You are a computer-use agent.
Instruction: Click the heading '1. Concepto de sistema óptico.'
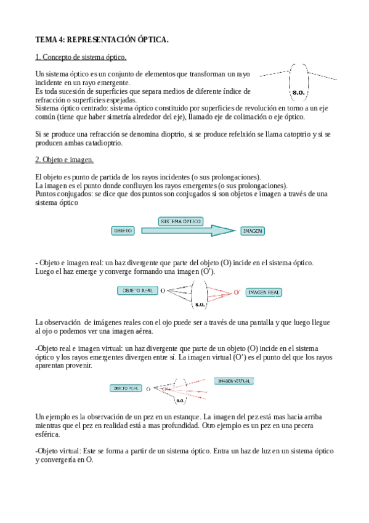[x=81, y=57]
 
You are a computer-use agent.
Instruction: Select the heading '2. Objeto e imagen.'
[x=64, y=160]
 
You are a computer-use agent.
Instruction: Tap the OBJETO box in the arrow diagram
[x=123, y=231]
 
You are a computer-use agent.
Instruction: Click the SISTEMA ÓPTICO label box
[x=181, y=220]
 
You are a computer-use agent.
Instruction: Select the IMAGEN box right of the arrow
[x=253, y=231]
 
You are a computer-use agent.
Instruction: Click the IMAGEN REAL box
[x=265, y=292]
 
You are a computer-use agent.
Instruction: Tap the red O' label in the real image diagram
[x=237, y=292]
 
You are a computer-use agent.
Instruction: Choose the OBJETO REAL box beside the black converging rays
[x=137, y=290]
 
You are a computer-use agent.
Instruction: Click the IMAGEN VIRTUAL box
[x=234, y=381]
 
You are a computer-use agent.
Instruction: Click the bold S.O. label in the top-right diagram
[x=299, y=93]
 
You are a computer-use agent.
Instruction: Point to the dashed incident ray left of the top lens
[x=274, y=73]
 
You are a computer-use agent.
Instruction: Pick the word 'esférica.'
[x=48, y=434]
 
